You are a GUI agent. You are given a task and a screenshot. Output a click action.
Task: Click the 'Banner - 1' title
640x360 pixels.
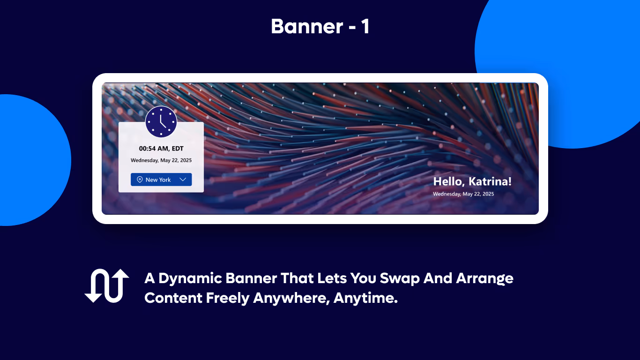320,26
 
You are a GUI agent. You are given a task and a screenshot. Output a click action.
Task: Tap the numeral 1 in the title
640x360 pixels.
365,26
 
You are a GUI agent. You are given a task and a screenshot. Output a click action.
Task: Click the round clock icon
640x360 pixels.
161,122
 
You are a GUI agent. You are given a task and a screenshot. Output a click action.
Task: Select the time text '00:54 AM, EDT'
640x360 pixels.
161,149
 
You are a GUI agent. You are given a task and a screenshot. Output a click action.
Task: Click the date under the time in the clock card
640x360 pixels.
161,160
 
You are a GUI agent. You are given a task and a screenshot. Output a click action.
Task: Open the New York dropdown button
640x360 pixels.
161,180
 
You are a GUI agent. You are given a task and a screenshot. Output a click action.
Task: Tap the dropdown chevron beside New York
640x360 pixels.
183,180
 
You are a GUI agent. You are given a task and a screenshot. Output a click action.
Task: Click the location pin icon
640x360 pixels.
140,180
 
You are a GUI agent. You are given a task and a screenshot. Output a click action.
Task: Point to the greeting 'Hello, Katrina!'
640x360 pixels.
472,182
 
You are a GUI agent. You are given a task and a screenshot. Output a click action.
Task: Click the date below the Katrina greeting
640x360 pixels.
463,194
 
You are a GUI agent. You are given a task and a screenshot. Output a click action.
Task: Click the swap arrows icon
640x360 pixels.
107,285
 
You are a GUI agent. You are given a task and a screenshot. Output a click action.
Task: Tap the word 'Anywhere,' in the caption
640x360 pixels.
291,298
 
